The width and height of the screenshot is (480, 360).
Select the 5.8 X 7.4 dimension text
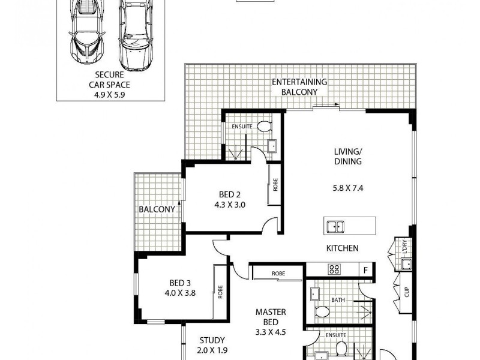pyautogui.click(x=349, y=187)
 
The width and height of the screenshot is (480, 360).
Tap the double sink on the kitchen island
pyautogui.click(x=335, y=227)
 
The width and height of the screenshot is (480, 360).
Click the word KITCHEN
pyautogui.click(x=342, y=248)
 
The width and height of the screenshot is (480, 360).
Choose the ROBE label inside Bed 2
pyautogui.click(x=275, y=185)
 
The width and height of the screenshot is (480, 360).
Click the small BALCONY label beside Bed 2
pyautogui.click(x=157, y=209)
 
